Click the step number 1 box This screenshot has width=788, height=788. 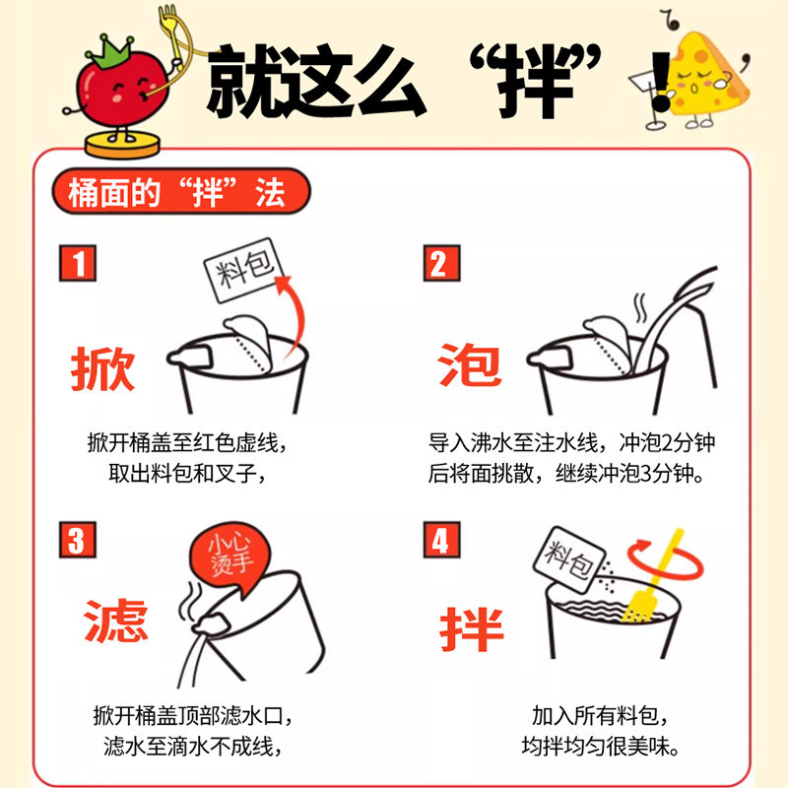click(78, 263)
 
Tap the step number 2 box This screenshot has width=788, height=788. click(441, 263)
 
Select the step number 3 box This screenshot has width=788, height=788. click(78, 539)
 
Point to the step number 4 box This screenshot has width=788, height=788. click(441, 539)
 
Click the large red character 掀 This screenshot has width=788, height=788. click(102, 368)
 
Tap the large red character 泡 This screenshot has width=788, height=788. click(470, 364)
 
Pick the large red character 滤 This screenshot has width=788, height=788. click(115, 621)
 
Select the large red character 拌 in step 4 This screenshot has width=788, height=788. click(472, 628)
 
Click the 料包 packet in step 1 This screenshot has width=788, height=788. click(243, 270)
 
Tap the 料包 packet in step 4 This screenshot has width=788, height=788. click(569, 558)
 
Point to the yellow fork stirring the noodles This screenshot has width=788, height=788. click(653, 578)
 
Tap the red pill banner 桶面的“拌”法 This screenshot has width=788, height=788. click(181, 191)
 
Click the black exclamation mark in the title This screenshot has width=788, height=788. click(660, 83)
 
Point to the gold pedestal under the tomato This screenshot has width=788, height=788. click(122, 145)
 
